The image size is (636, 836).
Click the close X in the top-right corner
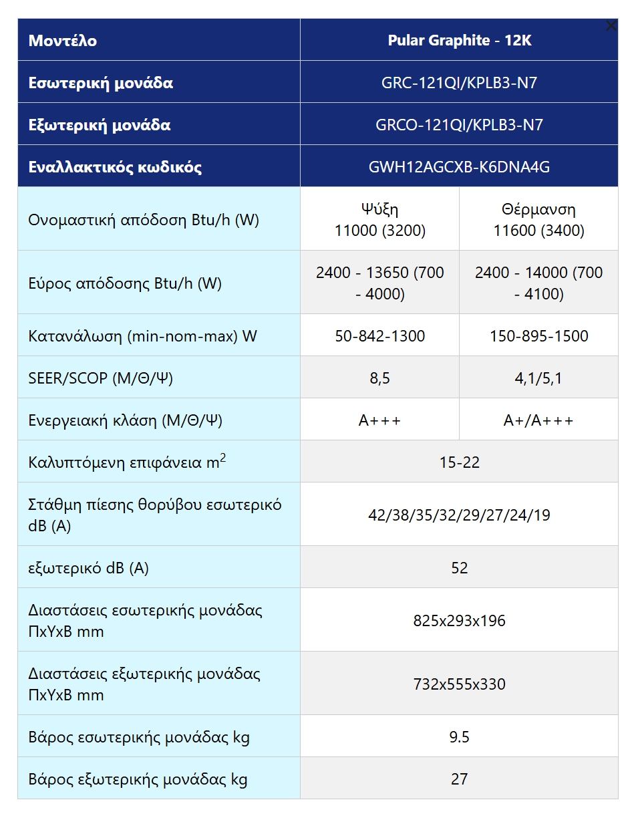(x=611, y=26)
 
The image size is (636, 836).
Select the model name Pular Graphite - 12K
(x=459, y=40)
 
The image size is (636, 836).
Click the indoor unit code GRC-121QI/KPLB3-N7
(x=459, y=83)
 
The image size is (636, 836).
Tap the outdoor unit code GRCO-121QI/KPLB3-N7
(x=459, y=125)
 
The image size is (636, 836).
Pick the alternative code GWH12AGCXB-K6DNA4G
(x=459, y=167)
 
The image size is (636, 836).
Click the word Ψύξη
(x=379, y=209)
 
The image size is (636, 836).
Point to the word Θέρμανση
(x=538, y=209)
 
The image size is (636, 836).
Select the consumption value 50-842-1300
(x=379, y=335)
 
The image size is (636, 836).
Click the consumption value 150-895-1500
(x=538, y=335)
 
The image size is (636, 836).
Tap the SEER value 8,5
(x=379, y=378)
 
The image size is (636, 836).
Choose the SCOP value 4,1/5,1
(x=538, y=378)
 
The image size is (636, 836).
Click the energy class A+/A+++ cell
(x=538, y=420)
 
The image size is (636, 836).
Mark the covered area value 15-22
(x=459, y=462)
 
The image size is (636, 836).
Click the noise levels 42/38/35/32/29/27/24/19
(x=459, y=515)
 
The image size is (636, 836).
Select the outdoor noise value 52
(x=459, y=568)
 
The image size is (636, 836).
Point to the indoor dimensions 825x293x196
(x=459, y=621)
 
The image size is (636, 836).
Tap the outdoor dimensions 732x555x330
(x=459, y=684)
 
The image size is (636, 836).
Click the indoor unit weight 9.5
(x=459, y=737)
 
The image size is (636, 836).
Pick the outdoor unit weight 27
(x=459, y=779)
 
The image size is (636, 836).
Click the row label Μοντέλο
(x=63, y=41)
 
